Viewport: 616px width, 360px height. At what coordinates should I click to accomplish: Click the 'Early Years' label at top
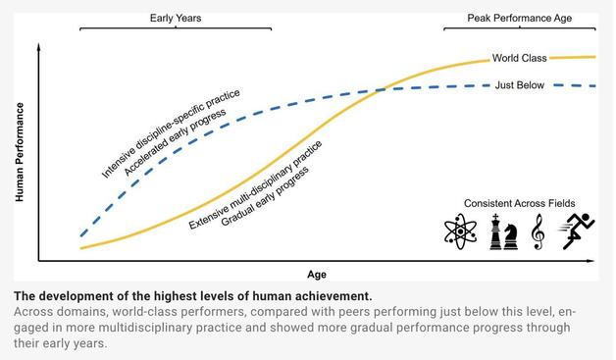[177, 18]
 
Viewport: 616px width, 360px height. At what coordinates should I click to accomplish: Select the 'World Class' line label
[520, 59]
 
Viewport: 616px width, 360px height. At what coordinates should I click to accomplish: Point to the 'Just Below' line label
[520, 86]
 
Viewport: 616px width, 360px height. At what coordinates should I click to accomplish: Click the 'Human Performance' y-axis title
[20, 152]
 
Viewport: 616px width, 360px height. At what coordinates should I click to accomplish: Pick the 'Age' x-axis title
[317, 275]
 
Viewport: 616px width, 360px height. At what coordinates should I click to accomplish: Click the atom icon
[460, 232]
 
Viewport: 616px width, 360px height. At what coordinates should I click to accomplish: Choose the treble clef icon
[537, 232]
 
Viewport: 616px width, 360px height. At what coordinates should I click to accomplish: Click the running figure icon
[574, 231]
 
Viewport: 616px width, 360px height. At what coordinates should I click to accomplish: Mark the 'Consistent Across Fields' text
[520, 203]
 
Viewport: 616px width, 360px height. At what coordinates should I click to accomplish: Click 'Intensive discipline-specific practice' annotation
[171, 135]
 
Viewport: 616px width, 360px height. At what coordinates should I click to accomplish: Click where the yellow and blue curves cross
[380, 90]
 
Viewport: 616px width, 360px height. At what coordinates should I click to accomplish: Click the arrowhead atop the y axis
[38, 45]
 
